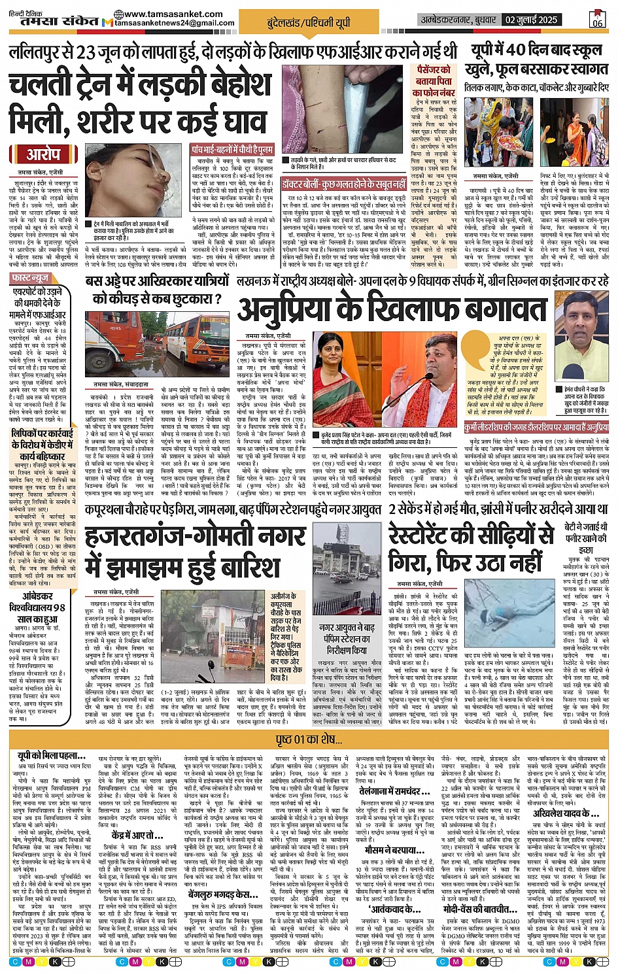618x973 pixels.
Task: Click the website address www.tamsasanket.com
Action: pos(173,14)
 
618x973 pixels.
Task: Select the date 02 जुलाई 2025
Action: pos(531,20)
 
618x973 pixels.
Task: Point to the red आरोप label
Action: pos(43,154)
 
